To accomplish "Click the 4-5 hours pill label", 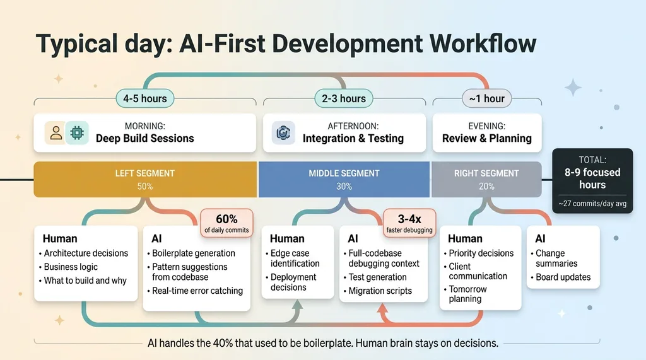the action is [145, 98].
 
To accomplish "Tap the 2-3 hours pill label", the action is [344, 98].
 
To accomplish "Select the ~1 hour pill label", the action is [486, 98].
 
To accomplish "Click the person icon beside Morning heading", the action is [56, 132].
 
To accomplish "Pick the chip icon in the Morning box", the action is [77, 132].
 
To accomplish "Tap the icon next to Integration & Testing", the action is [283, 132].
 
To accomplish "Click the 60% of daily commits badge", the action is [226, 223].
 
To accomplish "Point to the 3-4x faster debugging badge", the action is [409, 223].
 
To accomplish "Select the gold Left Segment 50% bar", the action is [145, 179].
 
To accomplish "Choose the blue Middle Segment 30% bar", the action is [344, 179].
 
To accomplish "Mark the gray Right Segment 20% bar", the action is [486, 179].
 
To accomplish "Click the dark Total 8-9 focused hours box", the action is [592, 181].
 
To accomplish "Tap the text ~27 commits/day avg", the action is [592, 204].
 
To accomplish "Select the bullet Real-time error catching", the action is [195, 291].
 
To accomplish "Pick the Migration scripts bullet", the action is [378, 291].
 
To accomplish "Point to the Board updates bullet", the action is [561, 277].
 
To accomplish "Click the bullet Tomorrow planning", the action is [466, 294].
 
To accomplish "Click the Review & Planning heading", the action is [487, 139].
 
